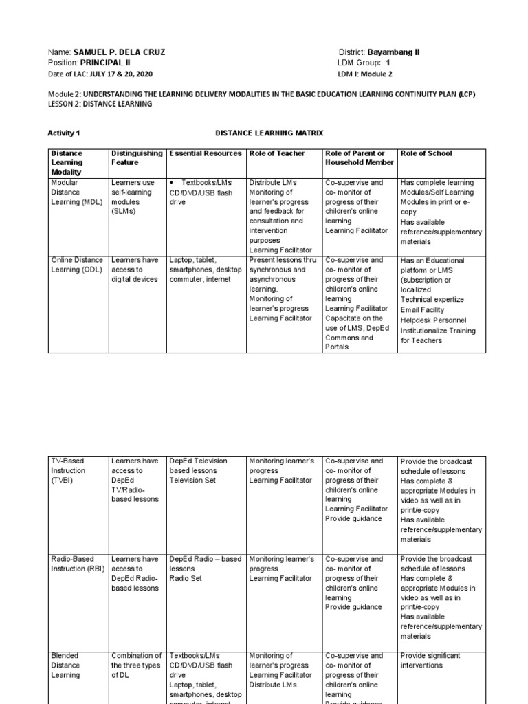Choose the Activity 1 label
pos(64,133)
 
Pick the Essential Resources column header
pos(205,153)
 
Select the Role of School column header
pos(426,153)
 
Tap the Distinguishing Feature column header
pos(137,158)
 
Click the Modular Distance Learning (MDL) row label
pos(74,192)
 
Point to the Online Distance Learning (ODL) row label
pos(76,265)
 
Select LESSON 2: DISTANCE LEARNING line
pos(100,104)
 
